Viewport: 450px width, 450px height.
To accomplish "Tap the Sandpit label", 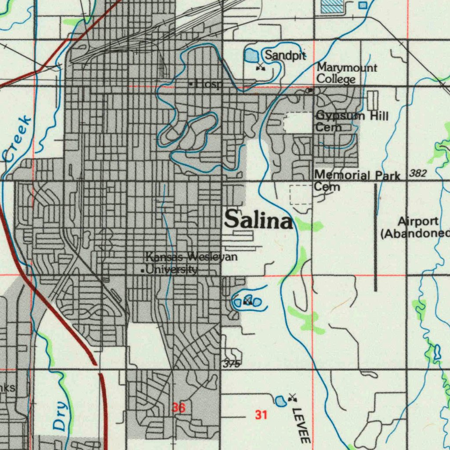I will pyautogui.click(x=285, y=55).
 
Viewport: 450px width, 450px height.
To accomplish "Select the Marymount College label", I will pyautogui.click(x=346, y=73).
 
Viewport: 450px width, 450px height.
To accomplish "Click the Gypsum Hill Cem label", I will pyautogui.click(x=352, y=121).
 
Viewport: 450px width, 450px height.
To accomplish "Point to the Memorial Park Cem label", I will pyautogui.click(x=357, y=181).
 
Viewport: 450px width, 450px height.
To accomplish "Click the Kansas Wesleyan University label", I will pyautogui.click(x=192, y=263).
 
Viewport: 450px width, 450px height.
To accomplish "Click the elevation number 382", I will pyautogui.click(x=417, y=174).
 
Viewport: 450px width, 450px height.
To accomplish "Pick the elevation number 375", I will pyautogui.click(x=231, y=364).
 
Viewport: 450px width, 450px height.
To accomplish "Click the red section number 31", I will pyautogui.click(x=261, y=414).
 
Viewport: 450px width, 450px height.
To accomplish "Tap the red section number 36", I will pyautogui.click(x=178, y=408).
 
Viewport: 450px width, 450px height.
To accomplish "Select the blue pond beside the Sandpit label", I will pyautogui.click(x=250, y=55).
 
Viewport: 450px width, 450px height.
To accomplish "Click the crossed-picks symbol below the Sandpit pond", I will pyautogui.click(x=261, y=67).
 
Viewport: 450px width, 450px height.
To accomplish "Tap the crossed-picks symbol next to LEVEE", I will pyautogui.click(x=292, y=398).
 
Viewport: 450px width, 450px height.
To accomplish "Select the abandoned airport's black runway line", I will pyautogui.click(x=376, y=237).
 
